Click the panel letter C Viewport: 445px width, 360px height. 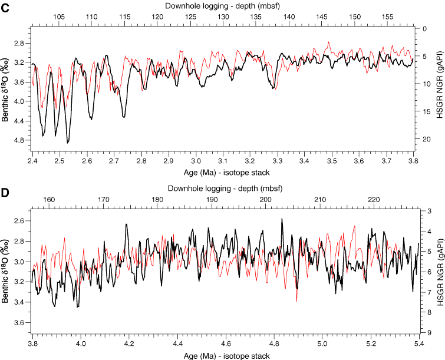(5, 6)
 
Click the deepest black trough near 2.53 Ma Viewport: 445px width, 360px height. (68, 143)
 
